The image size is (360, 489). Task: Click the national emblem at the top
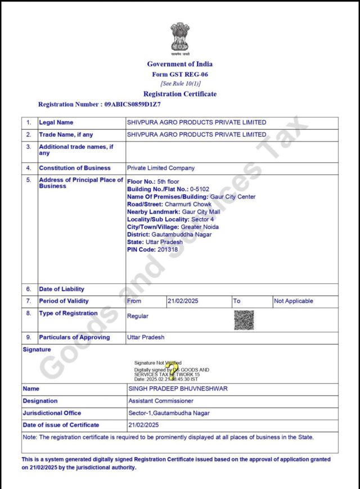click(180, 37)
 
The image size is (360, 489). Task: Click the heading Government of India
click(180, 64)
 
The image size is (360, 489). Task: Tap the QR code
click(244, 319)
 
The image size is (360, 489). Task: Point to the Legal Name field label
click(56, 123)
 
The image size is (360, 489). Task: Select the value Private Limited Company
click(161, 168)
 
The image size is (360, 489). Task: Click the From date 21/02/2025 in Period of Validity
click(183, 301)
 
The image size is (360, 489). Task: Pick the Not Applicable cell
click(293, 301)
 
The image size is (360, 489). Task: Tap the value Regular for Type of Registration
click(138, 316)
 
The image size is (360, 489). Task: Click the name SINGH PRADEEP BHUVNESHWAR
click(178, 389)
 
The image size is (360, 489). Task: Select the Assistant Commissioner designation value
click(161, 401)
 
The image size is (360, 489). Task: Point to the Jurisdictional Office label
click(52, 413)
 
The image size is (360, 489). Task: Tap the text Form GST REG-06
click(180, 74)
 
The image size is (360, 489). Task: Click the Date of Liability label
click(62, 289)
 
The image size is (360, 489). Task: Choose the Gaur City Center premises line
click(191, 197)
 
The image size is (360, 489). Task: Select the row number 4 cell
click(29, 168)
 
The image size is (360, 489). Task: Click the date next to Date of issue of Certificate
click(144, 425)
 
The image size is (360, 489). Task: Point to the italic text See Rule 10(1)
click(180, 84)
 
